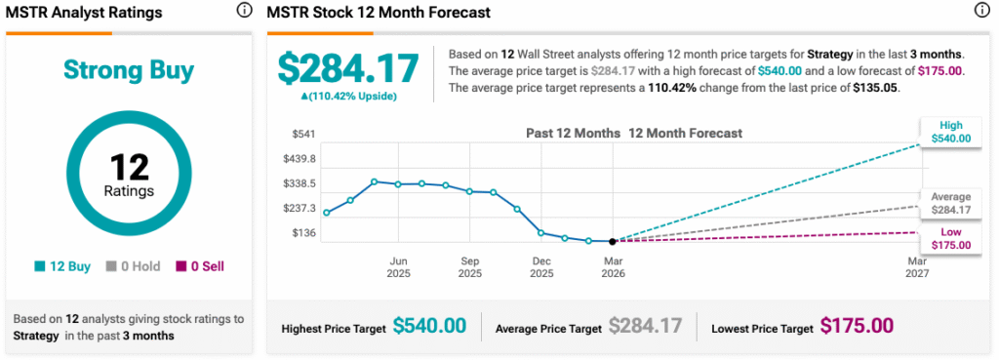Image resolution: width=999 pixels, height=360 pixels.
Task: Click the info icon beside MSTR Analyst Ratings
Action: click(243, 12)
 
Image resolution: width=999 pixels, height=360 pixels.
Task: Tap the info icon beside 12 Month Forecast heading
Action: click(981, 12)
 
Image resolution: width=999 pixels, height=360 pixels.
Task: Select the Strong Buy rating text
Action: click(129, 70)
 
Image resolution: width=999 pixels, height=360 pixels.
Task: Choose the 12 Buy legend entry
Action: click(61, 266)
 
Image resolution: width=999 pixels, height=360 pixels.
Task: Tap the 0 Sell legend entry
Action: click(199, 266)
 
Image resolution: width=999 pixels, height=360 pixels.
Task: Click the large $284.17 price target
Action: click(348, 67)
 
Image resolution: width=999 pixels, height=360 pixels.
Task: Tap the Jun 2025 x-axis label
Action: click(398, 267)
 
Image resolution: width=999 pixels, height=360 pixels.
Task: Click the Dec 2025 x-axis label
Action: click(540, 267)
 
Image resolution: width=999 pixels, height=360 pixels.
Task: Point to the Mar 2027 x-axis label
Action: click(917, 267)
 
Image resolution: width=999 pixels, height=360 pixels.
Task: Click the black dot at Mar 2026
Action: click(613, 241)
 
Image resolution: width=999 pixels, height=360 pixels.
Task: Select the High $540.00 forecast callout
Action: click(950, 132)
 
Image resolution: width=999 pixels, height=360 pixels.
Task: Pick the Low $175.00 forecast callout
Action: click(950, 238)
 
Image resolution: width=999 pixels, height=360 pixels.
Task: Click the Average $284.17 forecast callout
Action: click(950, 202)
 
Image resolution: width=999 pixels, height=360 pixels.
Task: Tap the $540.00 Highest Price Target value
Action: click(429, 326)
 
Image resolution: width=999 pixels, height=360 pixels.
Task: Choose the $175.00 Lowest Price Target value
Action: click(856, 326)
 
